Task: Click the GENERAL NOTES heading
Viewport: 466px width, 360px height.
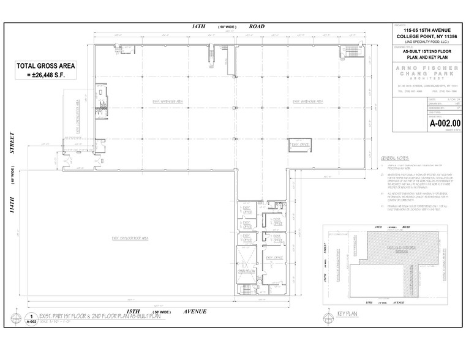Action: click(394, 157)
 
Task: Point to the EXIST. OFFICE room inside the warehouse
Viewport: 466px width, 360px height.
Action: click(300, 145)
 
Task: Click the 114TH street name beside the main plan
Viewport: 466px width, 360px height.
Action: click(12, 205)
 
